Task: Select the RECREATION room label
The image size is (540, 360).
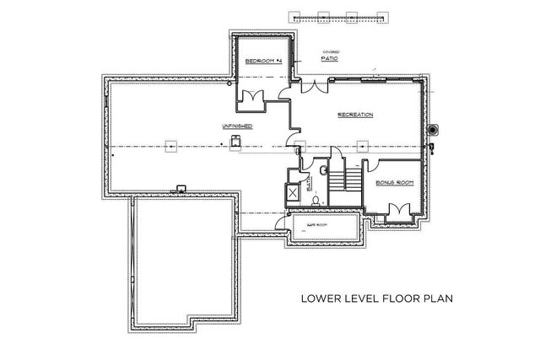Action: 355,115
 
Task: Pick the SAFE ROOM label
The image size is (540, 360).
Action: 316,227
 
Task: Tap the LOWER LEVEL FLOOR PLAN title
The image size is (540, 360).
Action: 372,298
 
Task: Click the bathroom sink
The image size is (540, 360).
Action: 324,169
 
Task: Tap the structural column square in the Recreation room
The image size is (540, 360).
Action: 364,145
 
